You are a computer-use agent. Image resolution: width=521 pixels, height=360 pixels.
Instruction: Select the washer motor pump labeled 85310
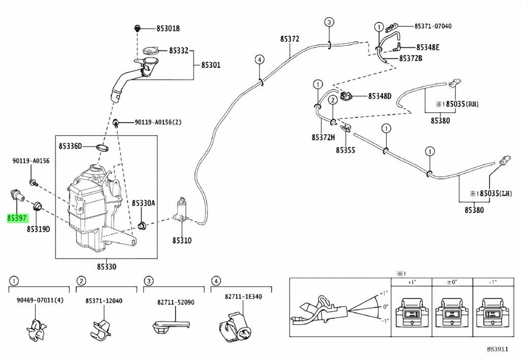coord(182,210)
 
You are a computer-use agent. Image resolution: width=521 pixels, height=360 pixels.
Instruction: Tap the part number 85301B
coord(167,28)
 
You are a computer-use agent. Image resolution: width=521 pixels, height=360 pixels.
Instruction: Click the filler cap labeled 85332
coord(151,51)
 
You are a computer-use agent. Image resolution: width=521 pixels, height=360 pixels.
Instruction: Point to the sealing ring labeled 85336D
coord(102,148)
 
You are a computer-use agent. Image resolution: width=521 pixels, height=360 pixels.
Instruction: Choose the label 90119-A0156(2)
coord(157,122)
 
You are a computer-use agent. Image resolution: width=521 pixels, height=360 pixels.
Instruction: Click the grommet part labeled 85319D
coord(37,207)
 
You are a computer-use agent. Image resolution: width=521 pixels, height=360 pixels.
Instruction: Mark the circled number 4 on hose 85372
coord(258,60)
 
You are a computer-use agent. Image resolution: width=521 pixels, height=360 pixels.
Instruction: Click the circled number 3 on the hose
coord(329,22)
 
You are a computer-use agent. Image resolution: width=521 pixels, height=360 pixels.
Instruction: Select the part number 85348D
coord(380,96)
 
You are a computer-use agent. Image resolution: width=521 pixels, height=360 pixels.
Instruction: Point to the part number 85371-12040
coord(104,301)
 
